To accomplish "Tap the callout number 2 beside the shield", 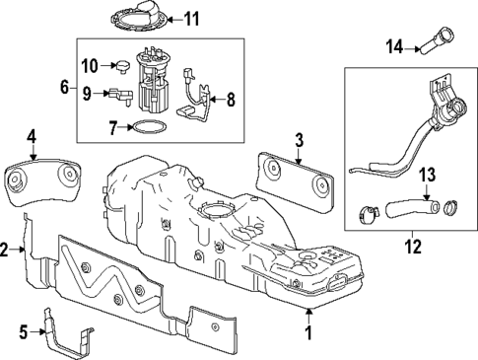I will [6, 251].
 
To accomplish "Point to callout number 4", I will [32, 136].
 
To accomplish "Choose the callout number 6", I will [65, 88].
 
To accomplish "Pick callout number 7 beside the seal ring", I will [113, 127].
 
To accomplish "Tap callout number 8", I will [231, 99].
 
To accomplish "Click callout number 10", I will [90, 66].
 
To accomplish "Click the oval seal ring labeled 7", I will [148, 127].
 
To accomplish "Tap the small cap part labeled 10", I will [124, 66].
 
